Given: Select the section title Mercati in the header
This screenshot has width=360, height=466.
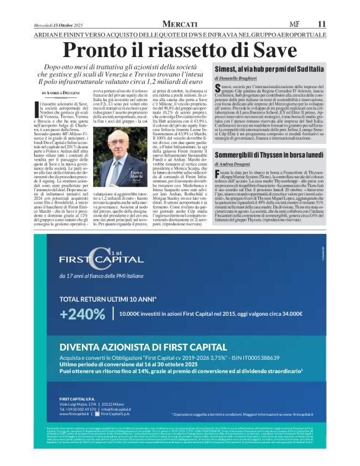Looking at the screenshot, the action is coord(179,24).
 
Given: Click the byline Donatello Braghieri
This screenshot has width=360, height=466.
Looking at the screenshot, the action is coord(240,79).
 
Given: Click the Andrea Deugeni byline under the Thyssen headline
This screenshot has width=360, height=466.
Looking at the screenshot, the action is coord(236,164).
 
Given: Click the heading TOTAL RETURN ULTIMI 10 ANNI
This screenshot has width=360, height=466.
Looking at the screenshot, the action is coord(107,299).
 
